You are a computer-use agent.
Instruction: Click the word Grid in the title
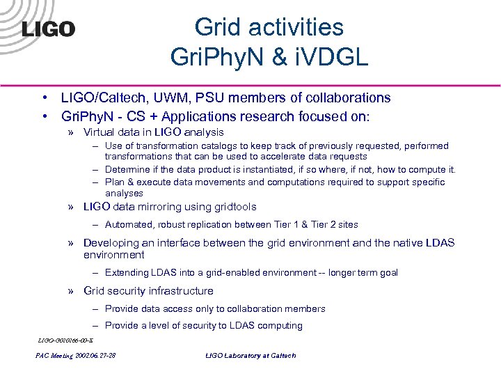(218, 27)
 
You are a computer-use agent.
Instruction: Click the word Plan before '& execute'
(115, 182)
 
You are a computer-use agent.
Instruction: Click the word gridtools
(231, 207)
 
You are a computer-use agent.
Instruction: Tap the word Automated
(127, 224)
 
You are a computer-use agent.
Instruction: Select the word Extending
(127, 273)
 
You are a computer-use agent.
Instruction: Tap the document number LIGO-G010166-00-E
(60, 340)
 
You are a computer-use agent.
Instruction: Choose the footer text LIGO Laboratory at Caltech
(250, 356)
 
